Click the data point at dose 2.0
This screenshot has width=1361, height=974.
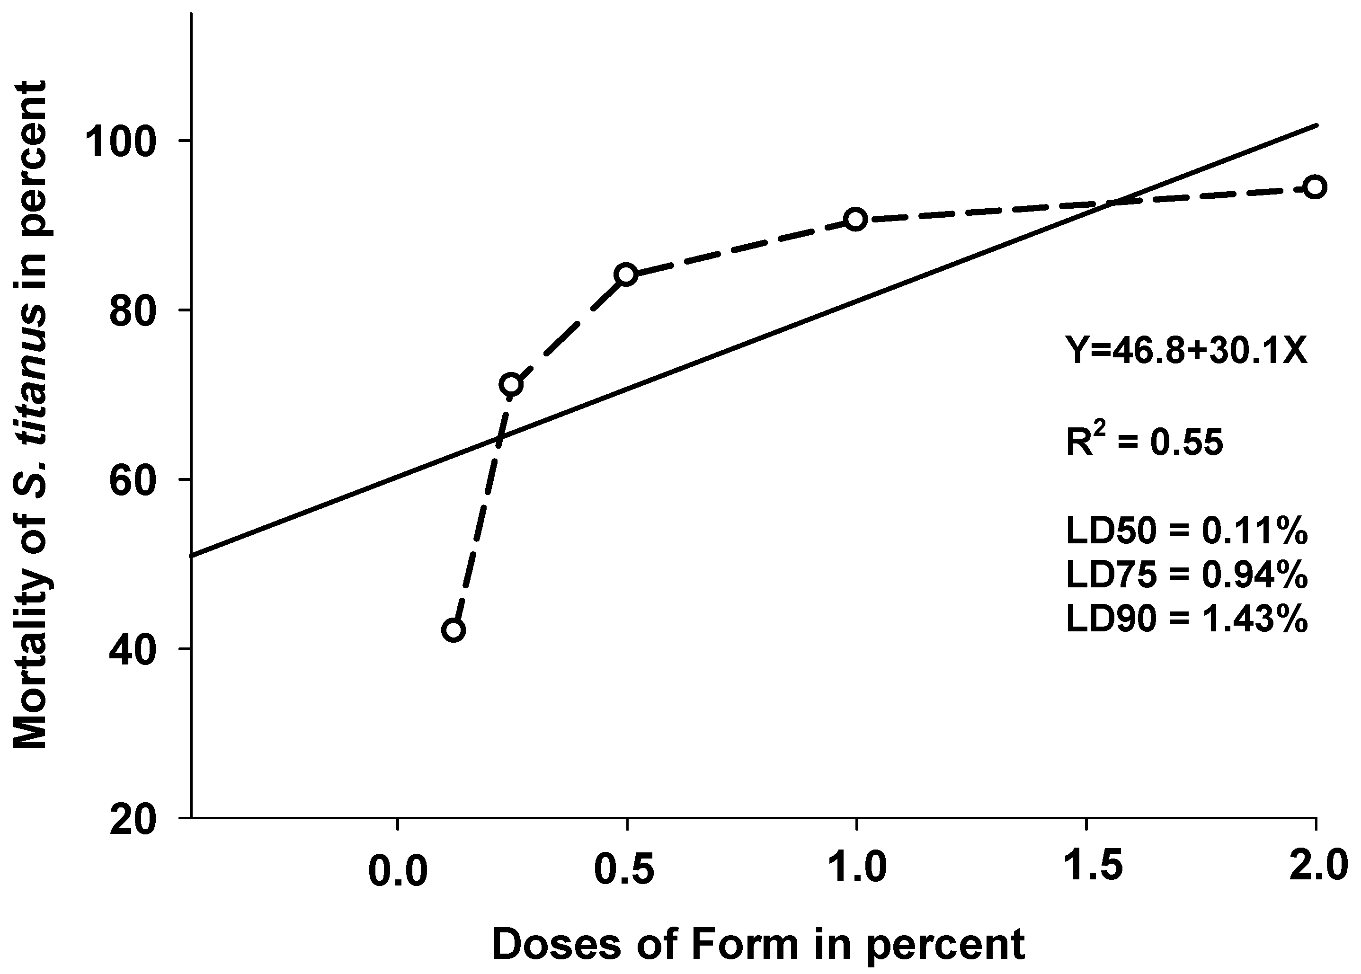[x=1315, y=187]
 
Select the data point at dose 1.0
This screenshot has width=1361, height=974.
[x=855, y=220]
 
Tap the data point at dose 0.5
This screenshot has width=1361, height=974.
[x=626, y=274]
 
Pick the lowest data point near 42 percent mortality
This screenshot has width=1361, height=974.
[x=454, y=630]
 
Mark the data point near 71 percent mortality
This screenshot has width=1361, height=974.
[x=511, y=384]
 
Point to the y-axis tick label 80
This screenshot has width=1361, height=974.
[x=133, y=310]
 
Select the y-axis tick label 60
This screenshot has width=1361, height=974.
[x=133, y=480]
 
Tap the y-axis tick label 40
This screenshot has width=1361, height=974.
[x=133, y=649]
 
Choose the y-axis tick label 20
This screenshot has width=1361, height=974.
[x=133, y=818]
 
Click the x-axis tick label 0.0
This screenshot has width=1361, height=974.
[x=398, y=870]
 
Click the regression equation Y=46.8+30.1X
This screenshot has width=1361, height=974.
[x=1186, y=350]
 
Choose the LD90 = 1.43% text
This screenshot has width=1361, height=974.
[x=1186, y=619]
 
